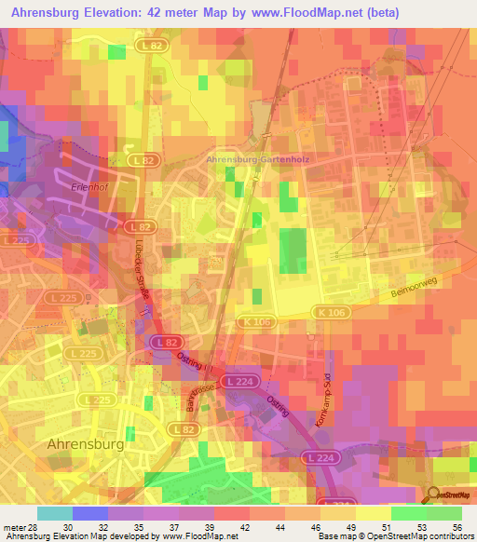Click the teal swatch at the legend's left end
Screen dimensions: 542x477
tap(54, 512)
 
